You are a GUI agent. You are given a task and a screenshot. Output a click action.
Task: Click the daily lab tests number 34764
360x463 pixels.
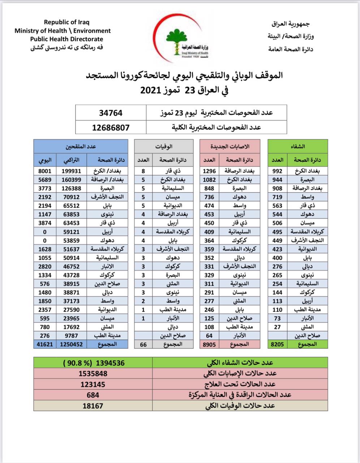pyautogui.click(x=111, y=113)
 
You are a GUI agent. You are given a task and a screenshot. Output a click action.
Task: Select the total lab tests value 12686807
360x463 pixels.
pyautogui.click(x=111, y=127)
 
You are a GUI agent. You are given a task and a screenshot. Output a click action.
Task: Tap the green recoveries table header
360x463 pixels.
pyautogui.click(x=297, y=146)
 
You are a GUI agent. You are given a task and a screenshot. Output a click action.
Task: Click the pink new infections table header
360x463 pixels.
pyautogui.click(x=230, y=146)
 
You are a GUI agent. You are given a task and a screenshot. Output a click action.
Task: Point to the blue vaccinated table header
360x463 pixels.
pyautogui.click(x=81, y=146)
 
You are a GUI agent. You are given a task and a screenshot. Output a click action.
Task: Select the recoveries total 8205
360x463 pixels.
pyautogui.click(x=277, y=344)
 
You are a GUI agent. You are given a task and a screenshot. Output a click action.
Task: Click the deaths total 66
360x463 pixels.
pyautogui.click(x=143, y=344)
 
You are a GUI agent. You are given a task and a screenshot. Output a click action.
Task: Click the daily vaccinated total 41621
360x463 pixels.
pyautogui.click(x=45, y=344)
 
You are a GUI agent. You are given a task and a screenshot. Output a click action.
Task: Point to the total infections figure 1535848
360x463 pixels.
pyautogui.click(x=93, y=373)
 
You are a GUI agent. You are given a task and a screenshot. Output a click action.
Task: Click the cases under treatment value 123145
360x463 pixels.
pyautogui.click(x=93, y=384)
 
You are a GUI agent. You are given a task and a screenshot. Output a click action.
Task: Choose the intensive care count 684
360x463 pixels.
pyautogui.click(x=93, y=395)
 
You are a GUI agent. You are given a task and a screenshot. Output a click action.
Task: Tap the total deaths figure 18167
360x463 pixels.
pyautogui.click(x=93, y=405)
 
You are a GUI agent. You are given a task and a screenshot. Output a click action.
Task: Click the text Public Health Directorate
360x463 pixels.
pyautogui.click(x=67, y=39)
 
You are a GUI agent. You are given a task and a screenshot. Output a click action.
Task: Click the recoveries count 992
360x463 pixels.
pyautogui.click(x=277, y=171)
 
